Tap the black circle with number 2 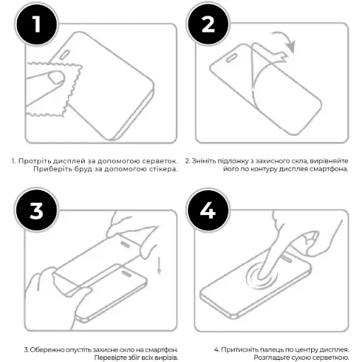(207, 25)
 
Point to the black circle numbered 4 (207, 210)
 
